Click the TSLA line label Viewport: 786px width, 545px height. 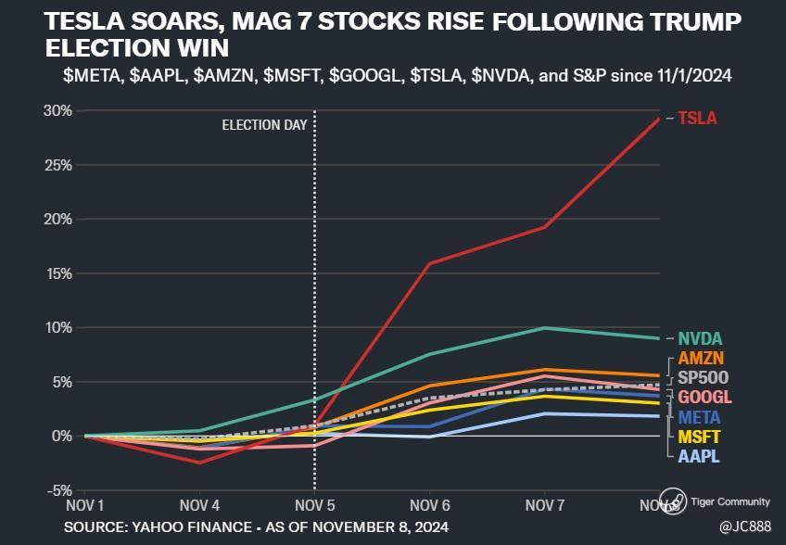[x=697, y=119]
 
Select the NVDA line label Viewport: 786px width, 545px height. [x=700, y=338]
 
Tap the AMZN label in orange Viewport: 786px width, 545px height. [x=702, y=358]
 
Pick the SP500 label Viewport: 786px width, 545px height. [x=704, y=377]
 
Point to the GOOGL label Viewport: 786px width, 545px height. [x=704, y=397]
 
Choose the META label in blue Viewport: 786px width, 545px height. [x=700, y=417]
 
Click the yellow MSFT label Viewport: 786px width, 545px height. [x=700, y=437]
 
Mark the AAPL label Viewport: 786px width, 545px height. [x=699, y=456]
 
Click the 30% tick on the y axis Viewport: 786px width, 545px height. [x=58, y=111]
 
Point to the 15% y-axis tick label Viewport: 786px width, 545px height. [x=58, y=273]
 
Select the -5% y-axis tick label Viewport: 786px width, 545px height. [x=58, y=490]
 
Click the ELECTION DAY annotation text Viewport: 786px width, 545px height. [x=264, y=125]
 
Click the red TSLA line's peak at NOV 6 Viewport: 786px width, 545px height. [x=429, y=264]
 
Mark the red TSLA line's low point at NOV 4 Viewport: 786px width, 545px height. [x=199, y=462]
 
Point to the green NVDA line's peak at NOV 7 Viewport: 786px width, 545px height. [x=545, y=328]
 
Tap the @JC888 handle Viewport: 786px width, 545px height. [x=744, y=526]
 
